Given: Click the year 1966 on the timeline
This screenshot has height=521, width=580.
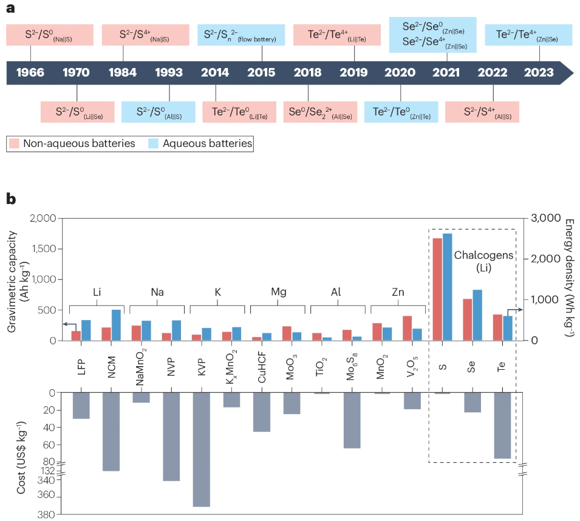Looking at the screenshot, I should pyautogui.click(x=30, y=72).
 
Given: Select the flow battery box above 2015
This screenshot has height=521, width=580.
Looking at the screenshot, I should pyautogui.click(x=239, y=34).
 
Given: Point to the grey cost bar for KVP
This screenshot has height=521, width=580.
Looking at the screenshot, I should pyautogui.click(x=201, y=449).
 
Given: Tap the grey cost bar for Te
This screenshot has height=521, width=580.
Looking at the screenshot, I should pyautogui.click(x=502, y=425).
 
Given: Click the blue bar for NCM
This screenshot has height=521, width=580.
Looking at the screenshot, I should pyautogui.click(x=115, y=325).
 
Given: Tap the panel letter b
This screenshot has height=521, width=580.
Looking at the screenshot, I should pyautogui.click(x=10, y=199).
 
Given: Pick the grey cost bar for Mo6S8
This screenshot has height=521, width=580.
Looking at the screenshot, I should pyautogui.click(x=352, y=420).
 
